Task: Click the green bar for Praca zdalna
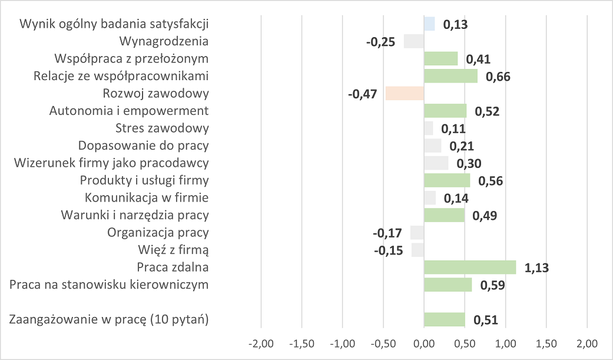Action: [x=470, y=267]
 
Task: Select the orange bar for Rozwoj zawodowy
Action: [x=405, y=94]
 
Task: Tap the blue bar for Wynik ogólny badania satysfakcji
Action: [x=429, y=24]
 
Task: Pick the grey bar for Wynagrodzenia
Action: [x=413, y=42]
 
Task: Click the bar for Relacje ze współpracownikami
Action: [x=450, y=77]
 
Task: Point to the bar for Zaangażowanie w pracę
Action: [x=445, y=320]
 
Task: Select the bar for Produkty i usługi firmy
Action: [x=447, y=180]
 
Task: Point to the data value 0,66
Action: [x=498, y=77]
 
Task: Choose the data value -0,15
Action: [x=389, y=250]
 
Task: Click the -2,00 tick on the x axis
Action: [x=261, y=344]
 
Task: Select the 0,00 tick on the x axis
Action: [x=424, y=344]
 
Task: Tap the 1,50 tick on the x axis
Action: [x=546, y=344]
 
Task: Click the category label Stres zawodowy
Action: [x=167, y=128]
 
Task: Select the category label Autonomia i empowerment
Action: [x=130, y=111]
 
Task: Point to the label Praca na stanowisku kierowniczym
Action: [x=110, y=285]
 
